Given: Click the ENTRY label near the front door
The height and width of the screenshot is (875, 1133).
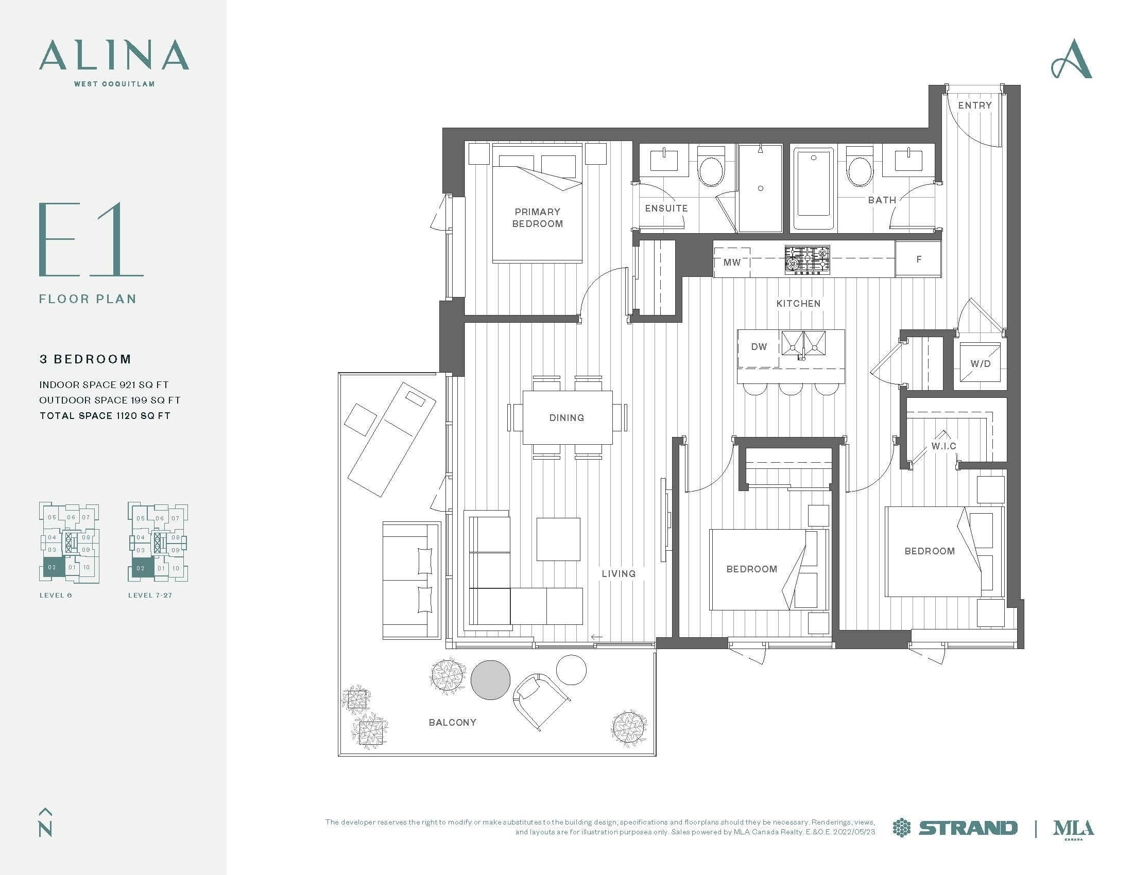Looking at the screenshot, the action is point(974,105).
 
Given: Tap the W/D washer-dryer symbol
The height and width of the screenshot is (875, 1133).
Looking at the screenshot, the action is point(980,362).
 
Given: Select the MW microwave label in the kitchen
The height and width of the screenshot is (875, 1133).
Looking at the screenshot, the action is point(732,262).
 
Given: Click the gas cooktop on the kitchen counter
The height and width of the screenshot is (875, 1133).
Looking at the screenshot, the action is point(807,260).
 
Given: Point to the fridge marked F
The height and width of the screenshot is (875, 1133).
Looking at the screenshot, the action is point(918,259).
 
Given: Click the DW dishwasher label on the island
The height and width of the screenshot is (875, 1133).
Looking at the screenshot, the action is point(759,347).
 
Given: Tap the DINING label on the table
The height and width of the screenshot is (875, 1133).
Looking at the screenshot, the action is point(566,418).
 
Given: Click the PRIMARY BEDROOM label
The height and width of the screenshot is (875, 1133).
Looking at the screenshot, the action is point(538,218).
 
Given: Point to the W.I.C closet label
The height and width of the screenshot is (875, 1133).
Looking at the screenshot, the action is point(943,446).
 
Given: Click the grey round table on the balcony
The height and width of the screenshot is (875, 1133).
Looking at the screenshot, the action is point(490,679).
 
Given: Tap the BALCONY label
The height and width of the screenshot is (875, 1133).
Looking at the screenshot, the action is point(452,723).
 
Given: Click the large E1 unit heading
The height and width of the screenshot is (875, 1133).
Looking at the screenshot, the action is point(90,239).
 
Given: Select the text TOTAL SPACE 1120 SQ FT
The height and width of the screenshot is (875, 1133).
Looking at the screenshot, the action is point(105,416).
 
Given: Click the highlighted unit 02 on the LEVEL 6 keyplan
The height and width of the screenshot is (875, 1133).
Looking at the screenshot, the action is point(53,568).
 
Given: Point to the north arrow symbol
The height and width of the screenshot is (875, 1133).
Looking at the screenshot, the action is point(45,822).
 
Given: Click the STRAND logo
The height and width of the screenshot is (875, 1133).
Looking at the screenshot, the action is point(955,828).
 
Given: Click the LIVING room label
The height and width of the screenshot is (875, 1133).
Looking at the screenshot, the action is point(619,574).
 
